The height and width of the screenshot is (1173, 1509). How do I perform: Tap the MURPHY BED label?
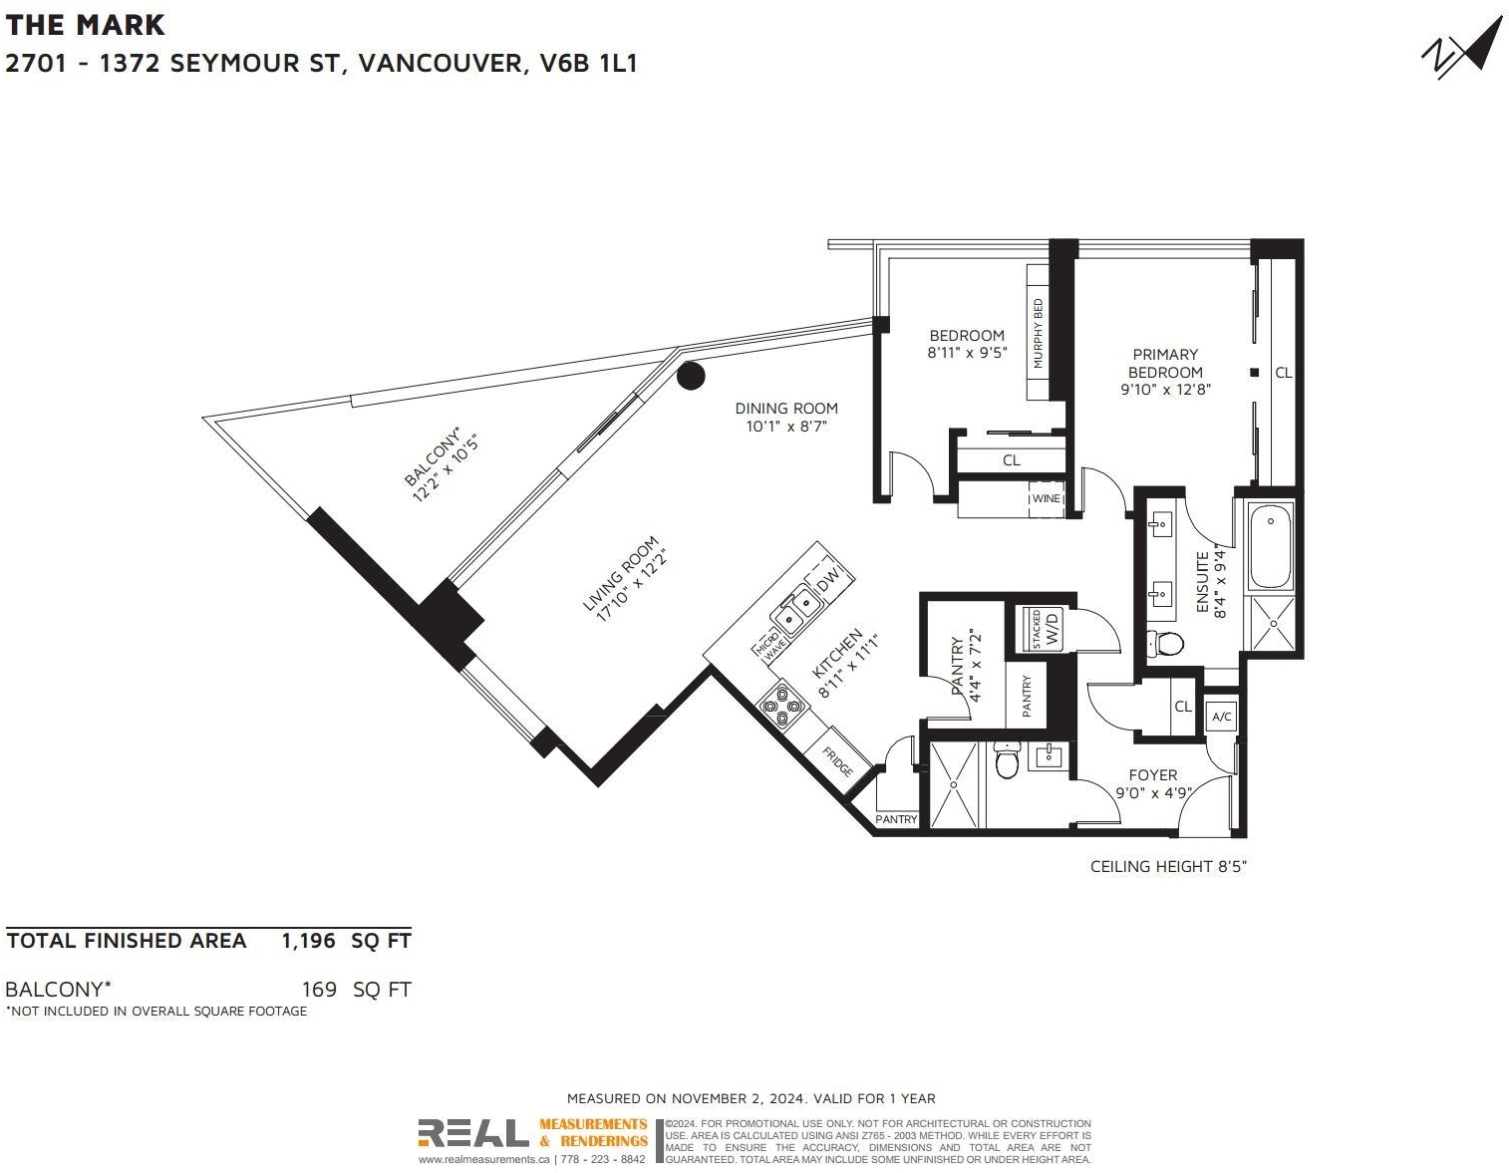click(1039, 333)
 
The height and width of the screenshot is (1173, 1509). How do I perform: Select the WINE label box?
click(1046, 498)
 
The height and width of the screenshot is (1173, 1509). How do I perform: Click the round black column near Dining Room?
click(691, 376)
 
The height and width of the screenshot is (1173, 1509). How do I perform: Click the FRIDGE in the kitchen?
click(838, 761)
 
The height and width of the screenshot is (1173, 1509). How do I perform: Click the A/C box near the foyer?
click(1222, 717)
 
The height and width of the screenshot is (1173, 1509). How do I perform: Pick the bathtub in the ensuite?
click(1272, 547)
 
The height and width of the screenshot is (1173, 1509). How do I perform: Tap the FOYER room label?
click(1153, 774)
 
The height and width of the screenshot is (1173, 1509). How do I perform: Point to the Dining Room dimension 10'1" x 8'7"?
click(786, 427)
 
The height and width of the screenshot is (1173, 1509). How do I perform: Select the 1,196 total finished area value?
click(308, 941)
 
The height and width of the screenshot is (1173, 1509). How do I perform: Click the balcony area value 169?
click(319, 989)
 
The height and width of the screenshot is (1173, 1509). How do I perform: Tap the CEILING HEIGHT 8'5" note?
click(1169, 866)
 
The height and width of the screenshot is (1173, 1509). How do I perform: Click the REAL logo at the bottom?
click(472, 1133)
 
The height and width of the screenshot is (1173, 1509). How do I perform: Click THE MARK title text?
click(86, 25)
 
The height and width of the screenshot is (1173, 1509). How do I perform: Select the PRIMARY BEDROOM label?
click(1165, 363)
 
